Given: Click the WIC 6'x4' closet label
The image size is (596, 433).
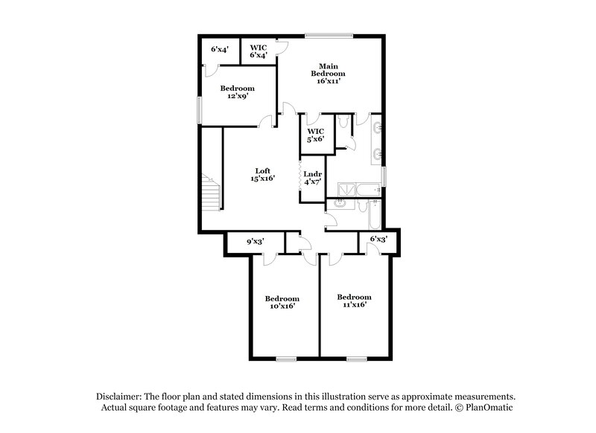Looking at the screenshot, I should click(259, 51).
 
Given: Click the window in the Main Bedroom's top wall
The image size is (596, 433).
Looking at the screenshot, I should click(329, 34).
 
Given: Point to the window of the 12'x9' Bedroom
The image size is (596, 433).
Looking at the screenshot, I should click(198, 109).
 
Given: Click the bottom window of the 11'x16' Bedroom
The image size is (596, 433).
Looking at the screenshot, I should click(356, 359).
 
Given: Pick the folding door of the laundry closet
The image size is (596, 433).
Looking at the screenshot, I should click(301, 179).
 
